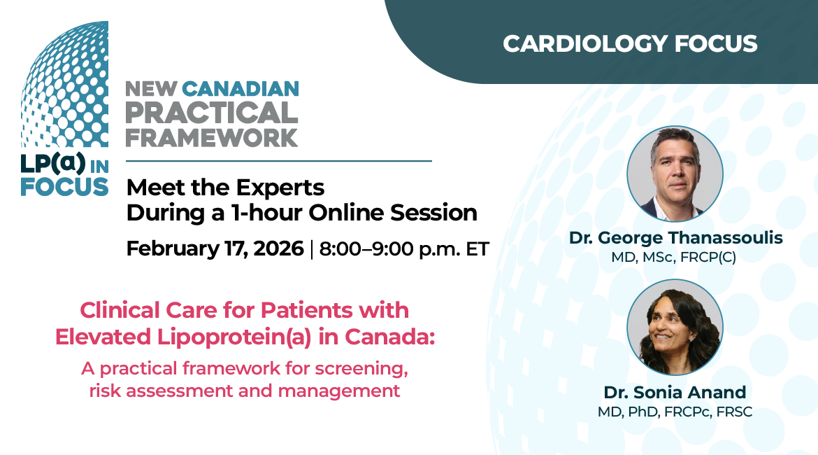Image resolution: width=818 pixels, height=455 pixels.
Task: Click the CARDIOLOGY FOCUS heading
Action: click(x=630, y=43)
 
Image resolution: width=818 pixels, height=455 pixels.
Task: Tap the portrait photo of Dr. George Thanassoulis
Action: click(x=675, y=174)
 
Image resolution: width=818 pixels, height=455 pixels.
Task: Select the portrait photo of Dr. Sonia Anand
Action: click(x=675, y=327)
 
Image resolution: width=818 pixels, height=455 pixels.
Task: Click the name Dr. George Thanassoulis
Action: click(x=675, y=238)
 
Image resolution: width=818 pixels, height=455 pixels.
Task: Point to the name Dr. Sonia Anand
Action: click(x=675, y=392)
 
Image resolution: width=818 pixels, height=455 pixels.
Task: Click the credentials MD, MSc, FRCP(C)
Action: click(x=674, y=258)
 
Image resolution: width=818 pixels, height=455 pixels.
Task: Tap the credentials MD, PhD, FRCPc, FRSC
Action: click(x=675, y=412)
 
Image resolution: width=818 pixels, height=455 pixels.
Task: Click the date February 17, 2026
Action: click(x=215, y=248)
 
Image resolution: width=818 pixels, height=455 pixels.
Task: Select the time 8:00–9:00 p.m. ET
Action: click(x=403, y=249)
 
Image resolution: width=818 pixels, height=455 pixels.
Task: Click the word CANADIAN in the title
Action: click(x=240, y=89)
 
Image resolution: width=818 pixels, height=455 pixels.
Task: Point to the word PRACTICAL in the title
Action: click(x=211, y=112)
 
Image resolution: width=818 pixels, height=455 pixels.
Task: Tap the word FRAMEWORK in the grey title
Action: click(x=211, y=137)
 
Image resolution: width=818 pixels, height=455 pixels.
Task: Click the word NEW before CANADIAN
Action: click(x=151, y=89)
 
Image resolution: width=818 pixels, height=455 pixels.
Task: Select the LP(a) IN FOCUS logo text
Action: click(x=64, y=175)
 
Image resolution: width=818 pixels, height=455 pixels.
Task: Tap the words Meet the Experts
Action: click(x=225, y=188)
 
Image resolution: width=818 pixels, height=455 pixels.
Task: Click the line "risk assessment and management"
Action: click(x=245, y=390)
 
